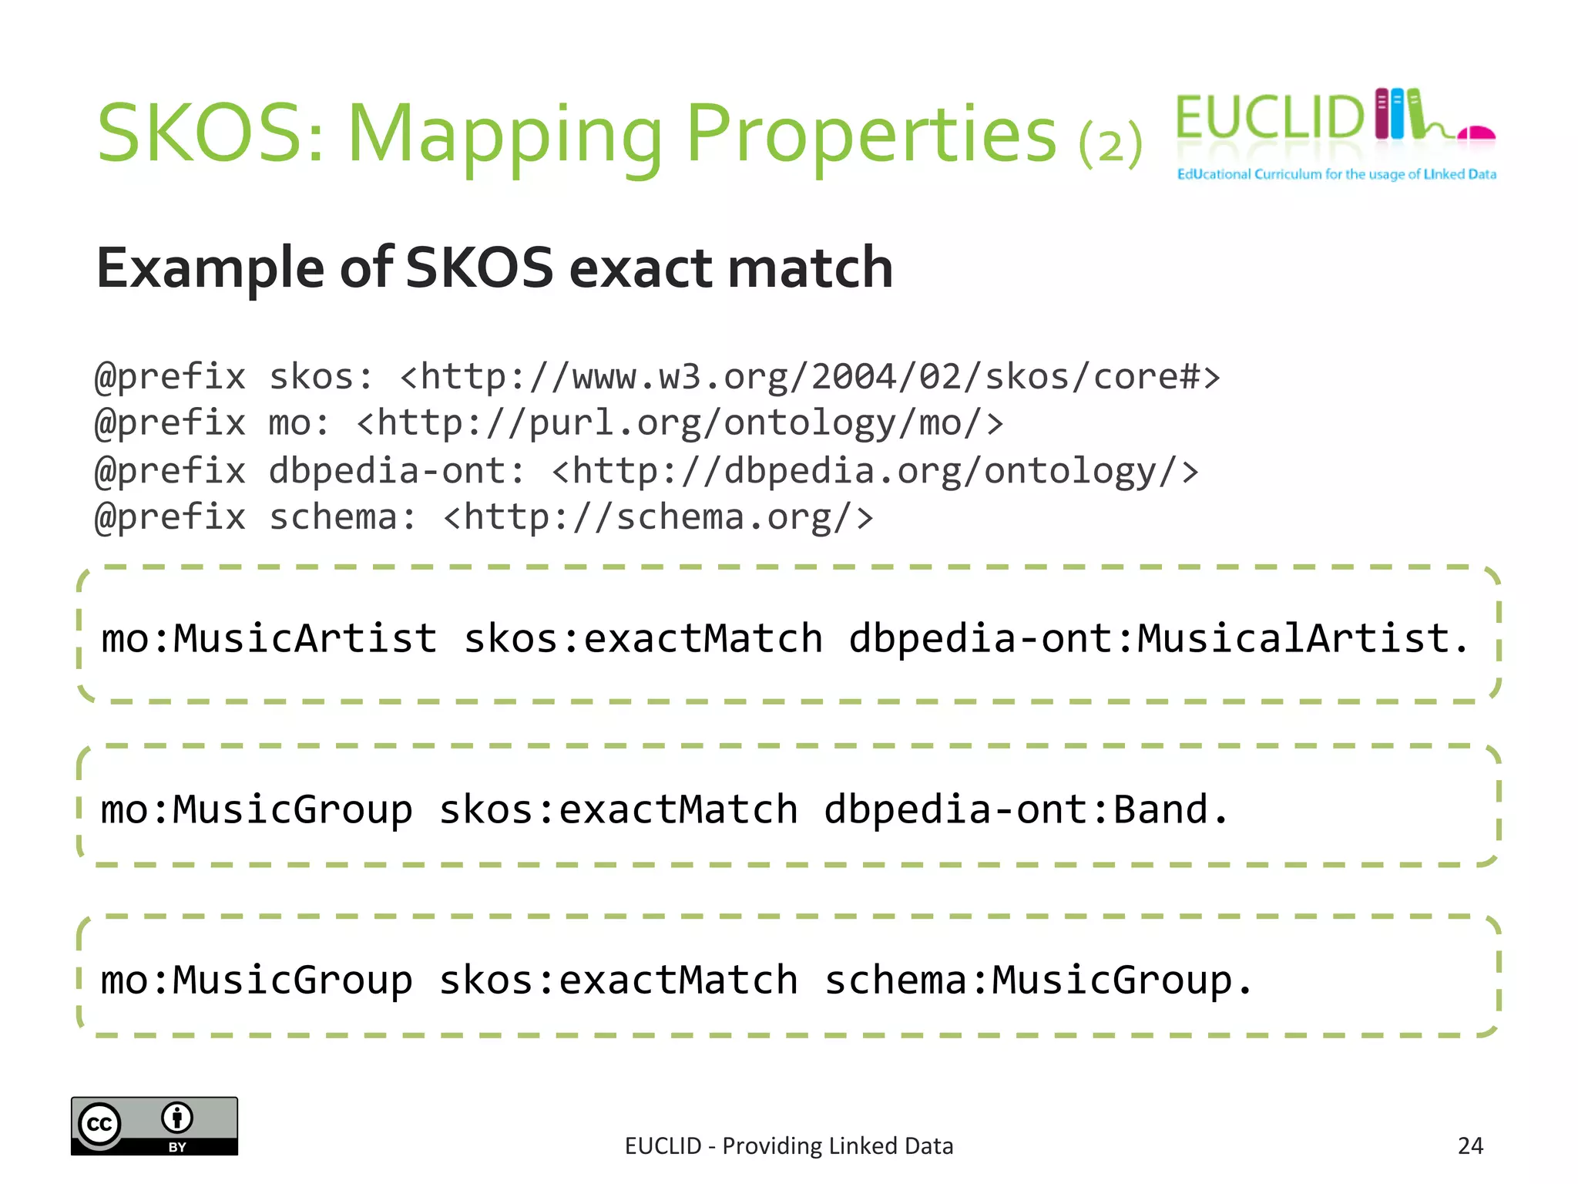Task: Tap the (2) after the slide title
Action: pos(1110,143)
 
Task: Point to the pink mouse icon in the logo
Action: pos(1476,133)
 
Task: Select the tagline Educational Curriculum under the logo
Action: pos(1336,174)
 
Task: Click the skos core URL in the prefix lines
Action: pos(810,377)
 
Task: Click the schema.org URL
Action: pos(659,517)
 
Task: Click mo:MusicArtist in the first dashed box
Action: pos(269,639)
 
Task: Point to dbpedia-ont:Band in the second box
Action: pos(1026,809)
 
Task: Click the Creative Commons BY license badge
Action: pos(154,1125)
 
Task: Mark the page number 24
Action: pos(1470,1145)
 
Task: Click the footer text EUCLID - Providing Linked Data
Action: pos(789,1146)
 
